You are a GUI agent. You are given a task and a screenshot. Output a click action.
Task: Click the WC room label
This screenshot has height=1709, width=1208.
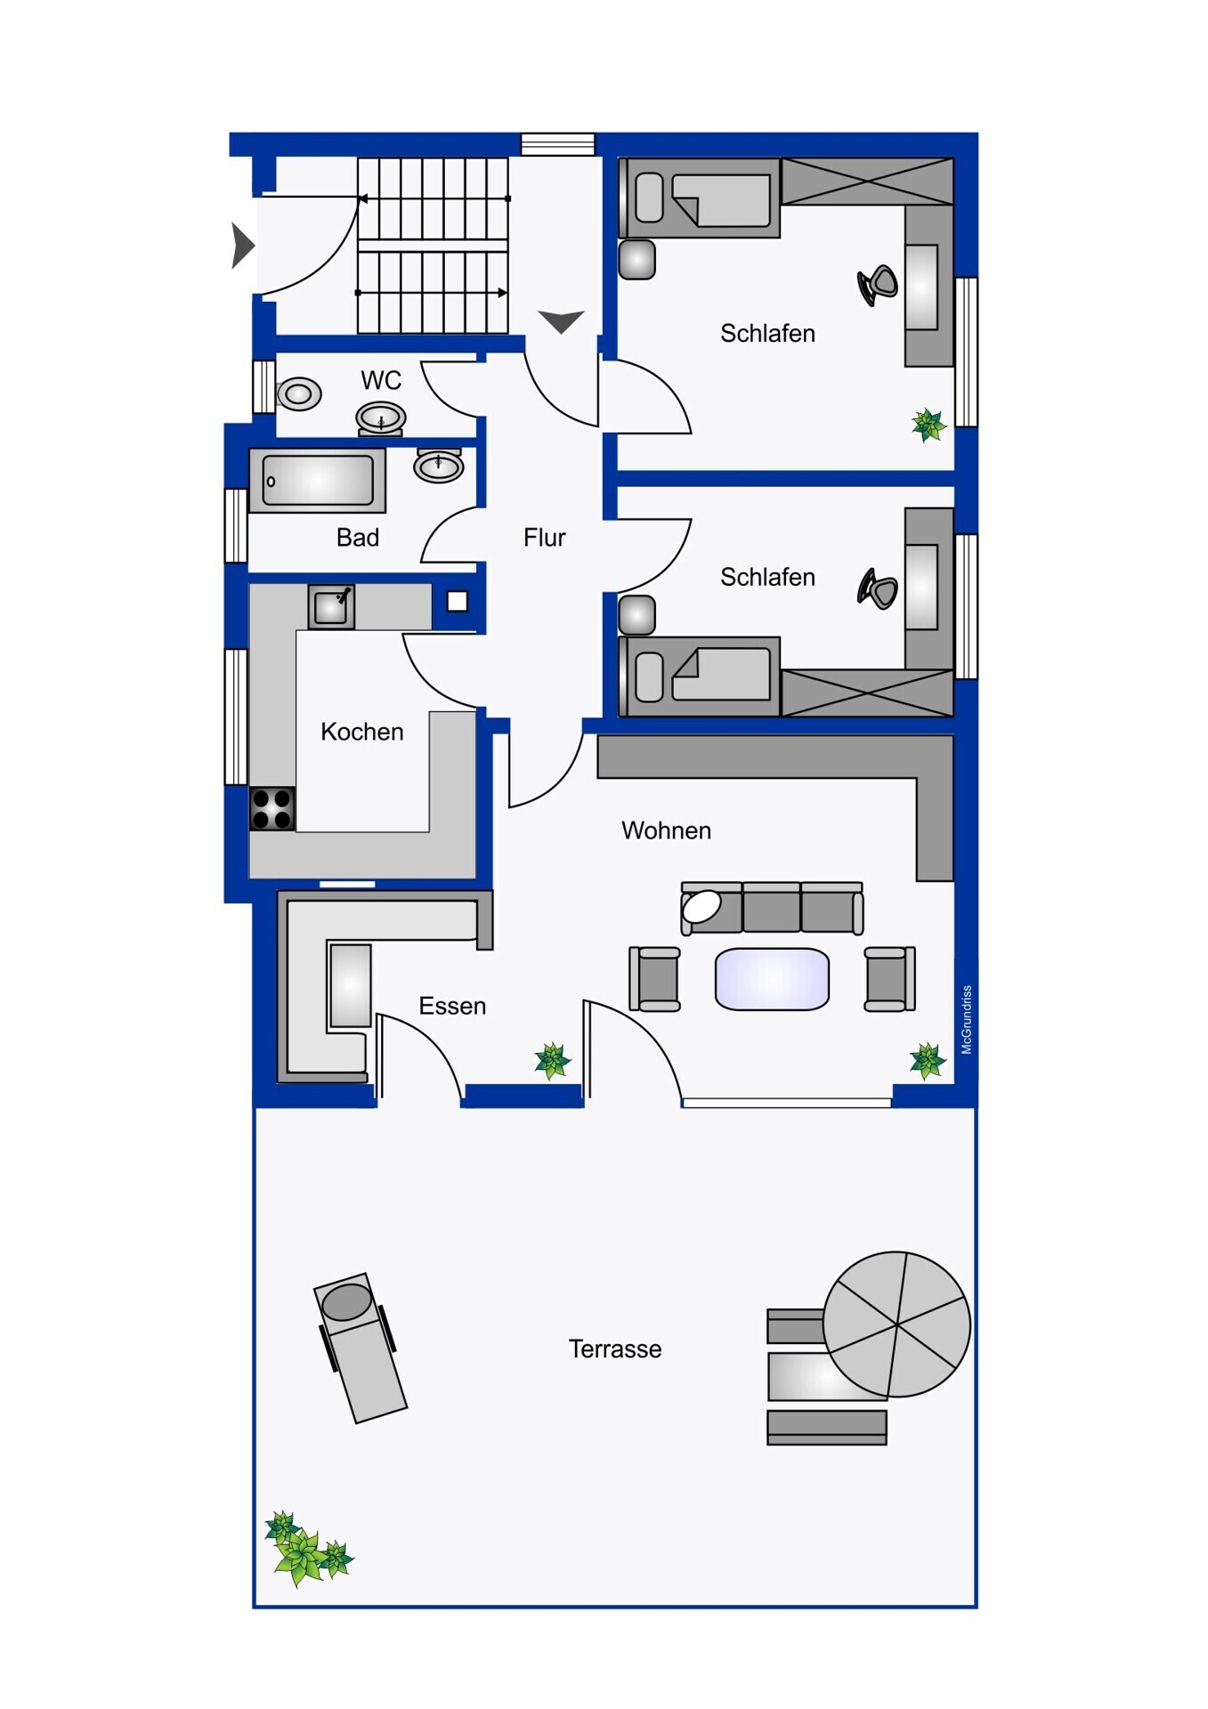click(x=381, y=381)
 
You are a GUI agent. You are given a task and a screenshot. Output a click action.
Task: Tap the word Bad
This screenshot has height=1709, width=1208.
click(x=358, y=538)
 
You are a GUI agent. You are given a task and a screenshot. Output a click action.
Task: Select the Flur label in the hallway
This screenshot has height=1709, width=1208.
click(x=544, y=538)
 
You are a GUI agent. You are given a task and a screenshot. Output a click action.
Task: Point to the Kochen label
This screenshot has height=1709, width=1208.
click(x=361, y=732)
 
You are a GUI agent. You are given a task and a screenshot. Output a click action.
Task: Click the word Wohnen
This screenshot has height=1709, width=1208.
click(x=666, y=830)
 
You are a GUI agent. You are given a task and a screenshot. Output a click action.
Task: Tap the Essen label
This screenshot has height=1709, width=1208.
click(x=452, y=1006)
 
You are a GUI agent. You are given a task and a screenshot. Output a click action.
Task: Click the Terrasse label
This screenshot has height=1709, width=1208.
click(x=615, y=1349)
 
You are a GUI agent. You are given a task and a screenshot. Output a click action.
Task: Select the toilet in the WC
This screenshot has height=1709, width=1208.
click(x=299, y=393)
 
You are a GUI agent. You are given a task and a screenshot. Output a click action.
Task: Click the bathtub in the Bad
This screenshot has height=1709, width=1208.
click(x=317, y=480)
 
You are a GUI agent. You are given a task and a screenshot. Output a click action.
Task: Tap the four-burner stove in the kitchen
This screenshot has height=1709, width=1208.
click(x=272, y=809)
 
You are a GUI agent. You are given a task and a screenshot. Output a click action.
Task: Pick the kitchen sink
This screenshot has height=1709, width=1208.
click(x=331, y=607)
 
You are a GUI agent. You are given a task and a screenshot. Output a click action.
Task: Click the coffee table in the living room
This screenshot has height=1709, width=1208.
click(x=772, y=979)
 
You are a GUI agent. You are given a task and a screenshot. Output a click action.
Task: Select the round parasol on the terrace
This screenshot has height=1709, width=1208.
click(x=896, y=1324)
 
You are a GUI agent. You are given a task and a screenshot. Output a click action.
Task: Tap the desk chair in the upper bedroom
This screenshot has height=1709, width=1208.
click(x=878, y=285)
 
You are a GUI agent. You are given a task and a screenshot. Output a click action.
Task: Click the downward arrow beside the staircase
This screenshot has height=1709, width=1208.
click(x=562, y=321)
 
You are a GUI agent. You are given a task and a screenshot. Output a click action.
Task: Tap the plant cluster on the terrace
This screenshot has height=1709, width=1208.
click(x=308, y=1550)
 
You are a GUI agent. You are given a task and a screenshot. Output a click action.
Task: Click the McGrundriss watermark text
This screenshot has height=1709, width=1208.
click(x=967, y=1020)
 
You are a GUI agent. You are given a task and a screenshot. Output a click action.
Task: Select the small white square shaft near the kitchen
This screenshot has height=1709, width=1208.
click(x=458, y=602)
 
